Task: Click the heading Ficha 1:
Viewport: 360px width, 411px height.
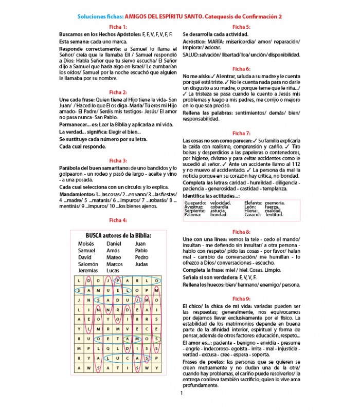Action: [118, 26]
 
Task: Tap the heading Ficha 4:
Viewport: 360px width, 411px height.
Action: [118, 220]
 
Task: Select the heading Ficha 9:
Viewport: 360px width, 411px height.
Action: [241, 298]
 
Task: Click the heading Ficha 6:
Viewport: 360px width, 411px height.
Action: [241, 68]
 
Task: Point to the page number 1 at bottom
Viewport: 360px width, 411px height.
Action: [182, 394]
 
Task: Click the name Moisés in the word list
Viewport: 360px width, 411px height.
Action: [87, 244]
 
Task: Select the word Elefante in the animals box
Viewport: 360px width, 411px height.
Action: [254, 203]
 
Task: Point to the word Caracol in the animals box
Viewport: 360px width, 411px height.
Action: [253, 214]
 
